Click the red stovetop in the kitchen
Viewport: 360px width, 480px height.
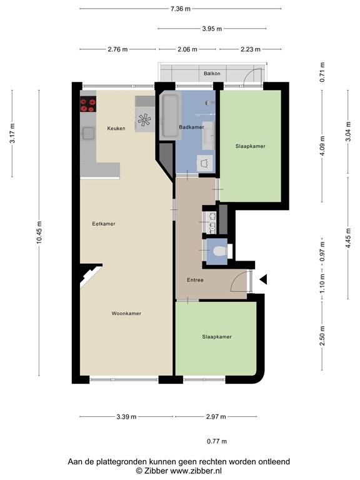[88, 104]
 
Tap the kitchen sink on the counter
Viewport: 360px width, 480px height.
[88, 133]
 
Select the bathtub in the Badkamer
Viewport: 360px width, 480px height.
[170, 116]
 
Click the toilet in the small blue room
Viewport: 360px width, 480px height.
[220, 251]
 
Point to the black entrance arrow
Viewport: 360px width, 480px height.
[263, 279]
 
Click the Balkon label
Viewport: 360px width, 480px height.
[212, 74]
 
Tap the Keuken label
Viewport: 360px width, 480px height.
[116, 129]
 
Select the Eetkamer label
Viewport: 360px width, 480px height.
[104, 224]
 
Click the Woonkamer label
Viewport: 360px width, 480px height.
[126, 314]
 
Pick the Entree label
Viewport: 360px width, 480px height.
[195, 280]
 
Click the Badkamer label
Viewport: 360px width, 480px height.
[191, 127]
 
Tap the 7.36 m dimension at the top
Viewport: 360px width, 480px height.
[180, 9]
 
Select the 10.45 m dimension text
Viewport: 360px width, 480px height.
[39, 232]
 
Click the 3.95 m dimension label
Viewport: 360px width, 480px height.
[212, 29]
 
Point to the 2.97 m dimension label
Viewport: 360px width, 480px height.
[216, 417]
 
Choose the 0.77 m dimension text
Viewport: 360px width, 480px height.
[217, 441]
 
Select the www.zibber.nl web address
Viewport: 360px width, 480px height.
[196, 471]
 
